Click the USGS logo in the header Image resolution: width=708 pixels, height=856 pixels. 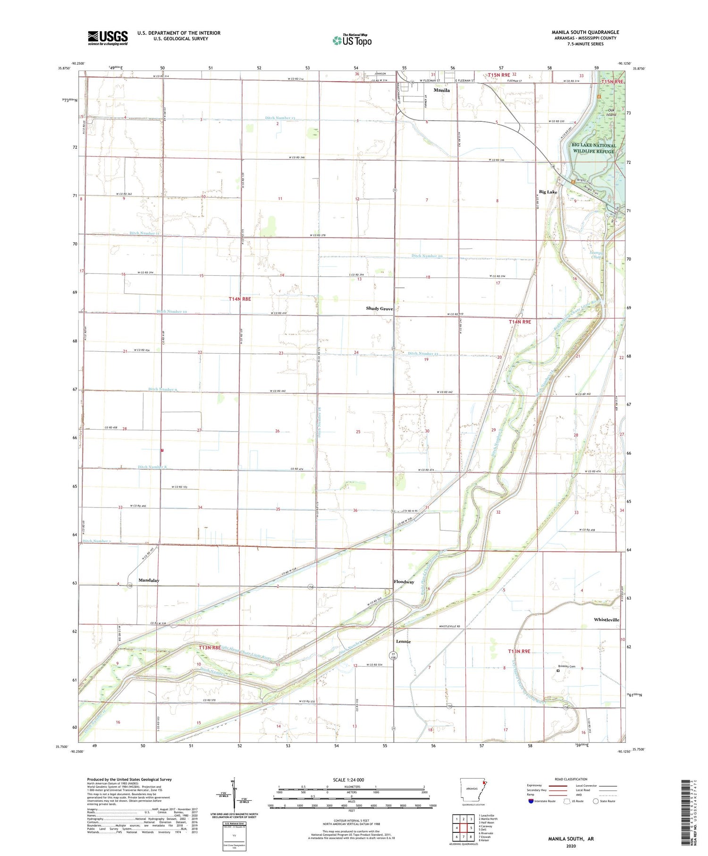point(108,38)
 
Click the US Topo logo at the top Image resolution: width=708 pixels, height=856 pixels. point(352,40)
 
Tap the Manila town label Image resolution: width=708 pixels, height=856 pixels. point(442,90)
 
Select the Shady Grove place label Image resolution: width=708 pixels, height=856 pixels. point(379,309)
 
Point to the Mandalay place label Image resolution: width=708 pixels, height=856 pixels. point(149,580)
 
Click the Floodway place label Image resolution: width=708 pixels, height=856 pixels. point(404,582)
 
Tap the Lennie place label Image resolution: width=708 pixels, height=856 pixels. point(403,642)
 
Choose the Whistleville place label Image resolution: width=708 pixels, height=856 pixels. point(607,619)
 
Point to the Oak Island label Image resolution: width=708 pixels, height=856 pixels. point(611,112)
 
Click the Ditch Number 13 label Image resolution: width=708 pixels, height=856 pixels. point(280,118)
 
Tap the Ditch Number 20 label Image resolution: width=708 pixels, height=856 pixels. point(427,256)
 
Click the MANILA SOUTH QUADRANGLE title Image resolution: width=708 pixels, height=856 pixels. point(585,32)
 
